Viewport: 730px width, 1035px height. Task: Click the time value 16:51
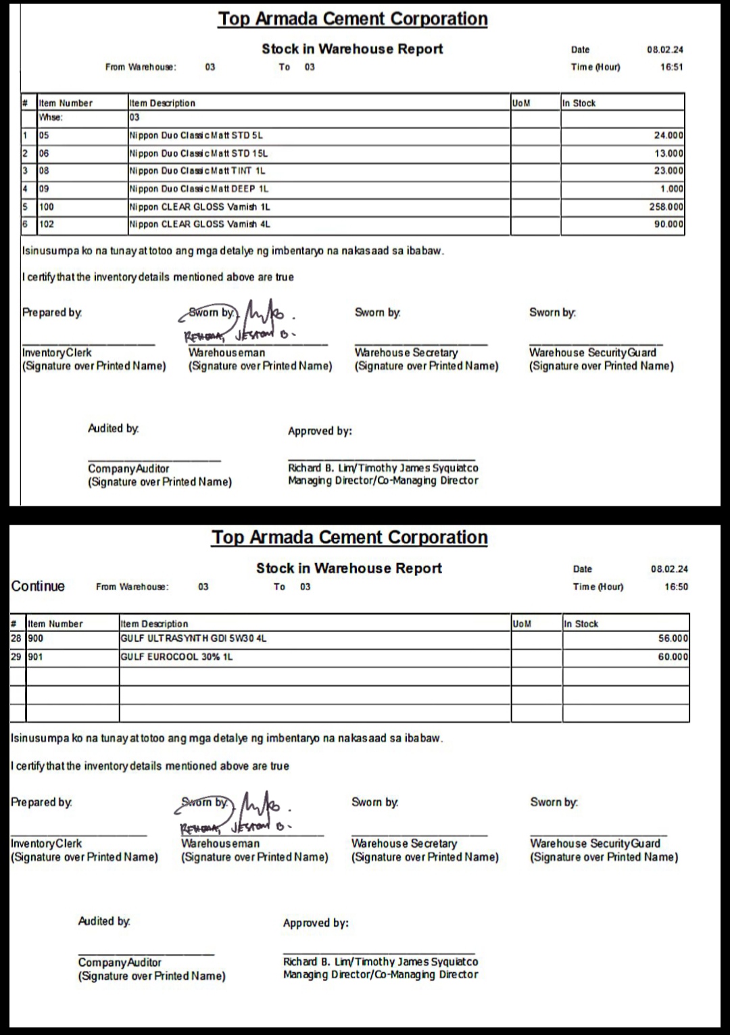pyautogui.click(x=671, y=67)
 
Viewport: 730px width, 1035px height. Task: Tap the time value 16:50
pyautogui.click(x=676, y=587)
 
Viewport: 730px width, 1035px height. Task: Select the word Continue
pyautogui.click(x=38, y=586)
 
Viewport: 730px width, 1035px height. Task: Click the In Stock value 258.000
pyautogui.click(x=666, y=207)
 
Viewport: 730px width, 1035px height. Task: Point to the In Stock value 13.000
pyautogui.click(x=668, y=153)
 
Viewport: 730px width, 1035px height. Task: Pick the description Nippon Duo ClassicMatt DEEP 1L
pyautogui.click(x=199, y=189)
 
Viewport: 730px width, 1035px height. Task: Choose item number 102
pyautogui.click(x=47, y=224)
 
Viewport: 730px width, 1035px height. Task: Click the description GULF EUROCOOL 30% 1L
pyautogui.click(x=176, y=656)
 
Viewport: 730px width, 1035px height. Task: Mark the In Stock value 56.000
pyautogui.click(x=673, y=638)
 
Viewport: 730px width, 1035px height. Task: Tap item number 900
pyautogui.click(x=36, y=638)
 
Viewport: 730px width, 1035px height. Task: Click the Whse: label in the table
pyautogui.click(x=51, y=117)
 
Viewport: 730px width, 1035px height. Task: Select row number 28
pyautogui.click(x=16, y=638)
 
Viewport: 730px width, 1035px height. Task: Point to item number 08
pyautogui.click(x=44, y=171)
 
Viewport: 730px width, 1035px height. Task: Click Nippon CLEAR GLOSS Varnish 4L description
pyautogui.click(x=199, y=224)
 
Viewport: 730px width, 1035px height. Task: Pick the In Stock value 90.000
pyautogui.click(x=668, y=224)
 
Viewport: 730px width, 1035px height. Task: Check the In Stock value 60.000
pyautogui.click(x=673, y=656)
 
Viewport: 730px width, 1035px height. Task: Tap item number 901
pyautogui.click(x=36, y=656)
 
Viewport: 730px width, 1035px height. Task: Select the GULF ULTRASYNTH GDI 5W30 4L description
pyautogui.click(x=193, y=638)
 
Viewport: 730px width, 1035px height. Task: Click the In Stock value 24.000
pyautogui.click(x=668, y=135)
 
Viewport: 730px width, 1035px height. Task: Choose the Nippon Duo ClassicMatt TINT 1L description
pyautogui.click(x=197, y=171)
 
